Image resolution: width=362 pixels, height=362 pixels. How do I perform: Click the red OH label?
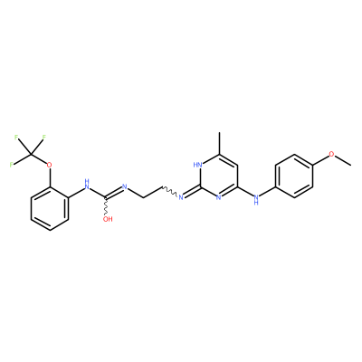[108, 219]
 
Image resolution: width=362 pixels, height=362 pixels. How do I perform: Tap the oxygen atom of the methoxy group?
[331, 154]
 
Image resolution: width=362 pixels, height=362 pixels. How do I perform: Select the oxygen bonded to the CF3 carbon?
[50, 165]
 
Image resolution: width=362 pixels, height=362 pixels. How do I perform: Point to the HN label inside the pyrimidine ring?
[198, 165]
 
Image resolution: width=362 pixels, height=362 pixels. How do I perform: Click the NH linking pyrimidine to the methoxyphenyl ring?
[256, 199]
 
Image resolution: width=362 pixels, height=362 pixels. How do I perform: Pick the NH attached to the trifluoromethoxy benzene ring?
[87, 185]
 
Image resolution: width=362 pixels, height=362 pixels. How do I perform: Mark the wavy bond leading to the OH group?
[106, 206]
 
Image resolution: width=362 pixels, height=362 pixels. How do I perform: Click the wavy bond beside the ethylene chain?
[170, 192]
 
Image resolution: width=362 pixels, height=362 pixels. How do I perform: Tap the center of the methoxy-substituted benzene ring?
[294, 176]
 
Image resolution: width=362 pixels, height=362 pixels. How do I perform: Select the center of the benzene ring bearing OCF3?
[50, 209]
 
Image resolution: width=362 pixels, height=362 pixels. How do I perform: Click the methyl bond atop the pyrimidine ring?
[219, 144]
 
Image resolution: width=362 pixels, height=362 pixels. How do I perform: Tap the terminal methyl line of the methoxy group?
[343, 160]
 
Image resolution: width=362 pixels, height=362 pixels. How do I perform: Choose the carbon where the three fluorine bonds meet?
[31, 155]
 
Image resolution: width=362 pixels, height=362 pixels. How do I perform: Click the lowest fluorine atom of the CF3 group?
[12, 165]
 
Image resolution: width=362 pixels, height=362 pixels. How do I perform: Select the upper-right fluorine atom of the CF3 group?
[43, 138]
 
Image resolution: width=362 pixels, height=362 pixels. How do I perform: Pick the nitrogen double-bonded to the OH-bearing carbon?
[125, 187]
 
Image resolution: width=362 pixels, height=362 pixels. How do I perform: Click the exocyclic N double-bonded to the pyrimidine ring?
[181, 197]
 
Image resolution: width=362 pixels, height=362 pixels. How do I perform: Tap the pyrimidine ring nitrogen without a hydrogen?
[219, 197]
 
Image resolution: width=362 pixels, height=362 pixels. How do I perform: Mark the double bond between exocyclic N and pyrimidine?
[192, 193]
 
